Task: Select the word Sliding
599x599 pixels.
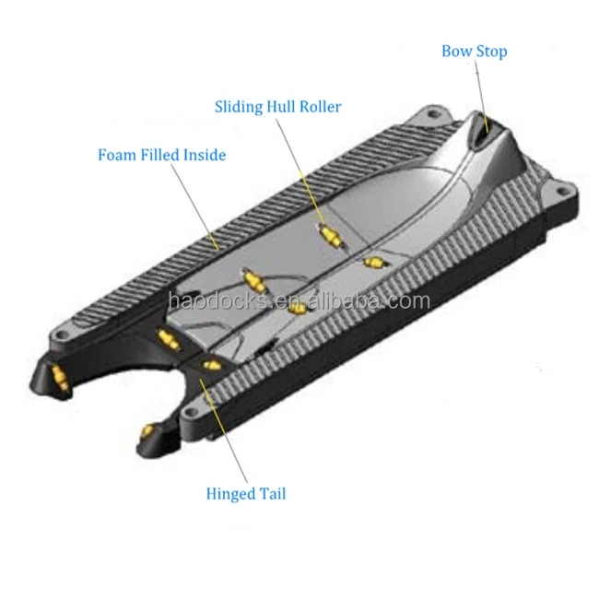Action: click(x=236, y=107)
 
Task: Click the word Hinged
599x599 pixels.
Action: click(x=229, y=494)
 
